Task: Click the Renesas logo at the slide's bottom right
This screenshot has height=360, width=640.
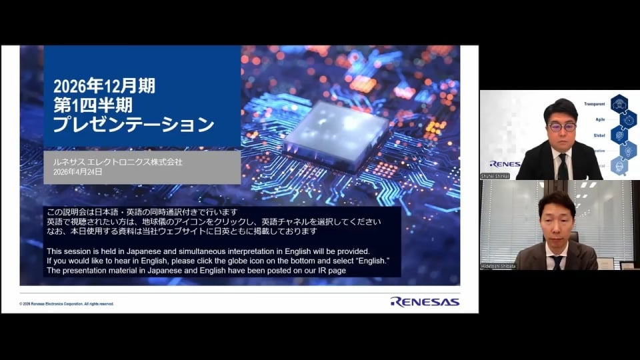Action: coord(425,301)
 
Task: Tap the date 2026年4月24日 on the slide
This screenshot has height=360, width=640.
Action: coord(77,172)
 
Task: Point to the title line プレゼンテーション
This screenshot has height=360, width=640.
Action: coord(133,125)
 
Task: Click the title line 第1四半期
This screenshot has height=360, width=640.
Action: coord(92,105)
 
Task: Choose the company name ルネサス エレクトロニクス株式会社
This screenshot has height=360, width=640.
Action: coord(117,161)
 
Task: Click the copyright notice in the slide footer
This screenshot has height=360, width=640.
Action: coord(67,303)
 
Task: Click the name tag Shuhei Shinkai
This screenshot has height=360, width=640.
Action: coord(495,176)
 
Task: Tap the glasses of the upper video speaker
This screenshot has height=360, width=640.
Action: coord(561,125)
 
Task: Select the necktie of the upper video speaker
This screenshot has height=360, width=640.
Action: coord(562,166)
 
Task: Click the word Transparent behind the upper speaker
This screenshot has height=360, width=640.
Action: coord(594,104)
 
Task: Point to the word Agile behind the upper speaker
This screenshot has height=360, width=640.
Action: coord(599,119)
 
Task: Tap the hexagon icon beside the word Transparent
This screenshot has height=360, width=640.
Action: coord(619,103)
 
